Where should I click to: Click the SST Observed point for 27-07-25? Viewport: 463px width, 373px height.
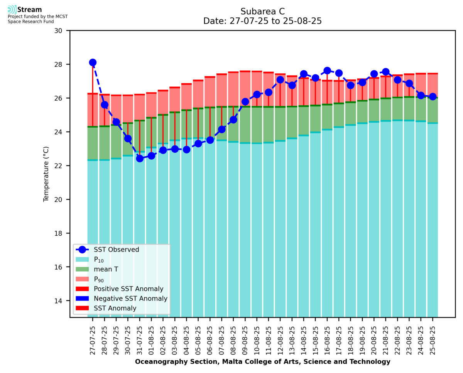coord(93,62)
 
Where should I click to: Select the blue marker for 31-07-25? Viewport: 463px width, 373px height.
coord(140,159)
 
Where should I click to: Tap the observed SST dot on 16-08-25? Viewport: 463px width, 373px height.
coord(327,71)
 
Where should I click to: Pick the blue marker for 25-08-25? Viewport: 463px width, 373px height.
coord(433,96)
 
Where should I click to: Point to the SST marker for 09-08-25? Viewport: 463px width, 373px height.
coord(245,102)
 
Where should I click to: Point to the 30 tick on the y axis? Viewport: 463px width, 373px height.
coord(61,30)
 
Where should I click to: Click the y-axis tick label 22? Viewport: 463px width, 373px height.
coord(61,166)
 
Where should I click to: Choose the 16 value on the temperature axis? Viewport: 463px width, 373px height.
coord(61,267)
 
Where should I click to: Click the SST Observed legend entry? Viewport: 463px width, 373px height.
coord(116,250)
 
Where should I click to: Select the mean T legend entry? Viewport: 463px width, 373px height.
coord(106,269)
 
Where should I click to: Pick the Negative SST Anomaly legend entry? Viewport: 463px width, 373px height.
coord(130,299)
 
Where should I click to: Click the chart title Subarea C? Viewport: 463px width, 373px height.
coord(262,11)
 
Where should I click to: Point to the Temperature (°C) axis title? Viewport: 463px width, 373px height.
coord(46,174)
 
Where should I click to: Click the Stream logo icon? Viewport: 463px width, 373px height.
coord(12,10)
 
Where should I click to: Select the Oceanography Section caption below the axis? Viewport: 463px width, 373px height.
coord(262,362)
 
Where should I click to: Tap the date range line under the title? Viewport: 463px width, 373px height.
coord(262,21)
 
